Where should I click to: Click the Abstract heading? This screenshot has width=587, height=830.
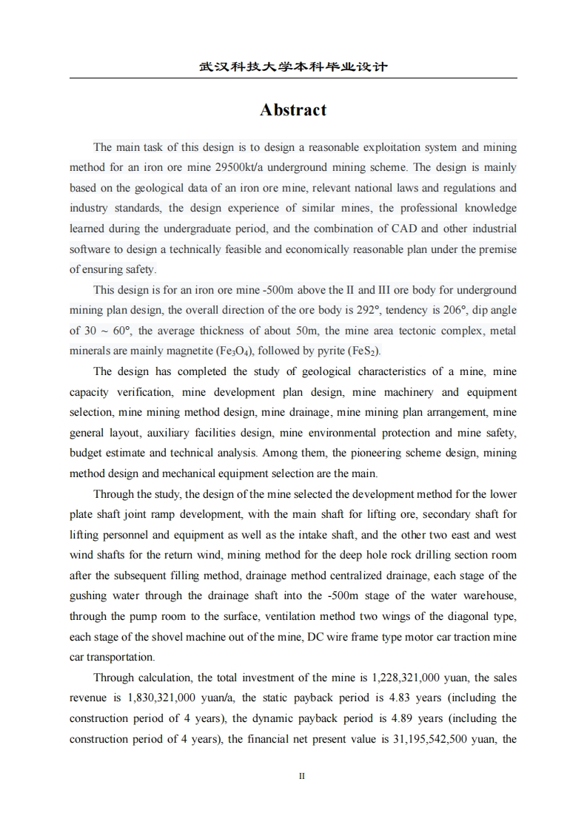click(x=293, y=110)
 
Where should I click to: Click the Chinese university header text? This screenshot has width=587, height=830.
click(x=293, y=67)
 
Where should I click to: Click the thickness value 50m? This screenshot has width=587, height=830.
click(x=255, y=331)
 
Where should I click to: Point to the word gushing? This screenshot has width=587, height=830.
click(x=88, y=595)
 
